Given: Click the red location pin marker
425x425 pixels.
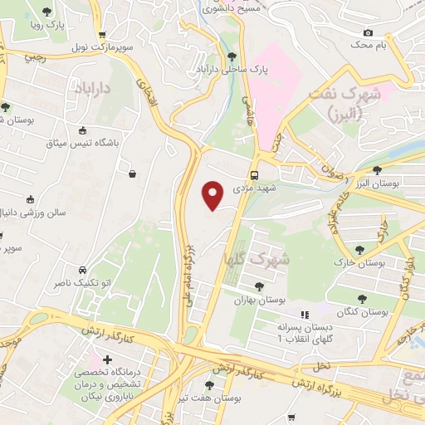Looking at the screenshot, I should click(213, 194).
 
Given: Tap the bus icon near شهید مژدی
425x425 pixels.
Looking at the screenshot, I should click(255, 175).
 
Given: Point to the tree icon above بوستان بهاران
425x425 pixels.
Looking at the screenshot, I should click(259, 286).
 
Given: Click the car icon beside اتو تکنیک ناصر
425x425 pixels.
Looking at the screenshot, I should click(83, 271).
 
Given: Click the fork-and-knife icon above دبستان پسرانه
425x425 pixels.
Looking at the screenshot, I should click(305, 314).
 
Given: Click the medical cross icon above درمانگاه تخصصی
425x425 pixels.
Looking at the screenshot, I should click(107, 359).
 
